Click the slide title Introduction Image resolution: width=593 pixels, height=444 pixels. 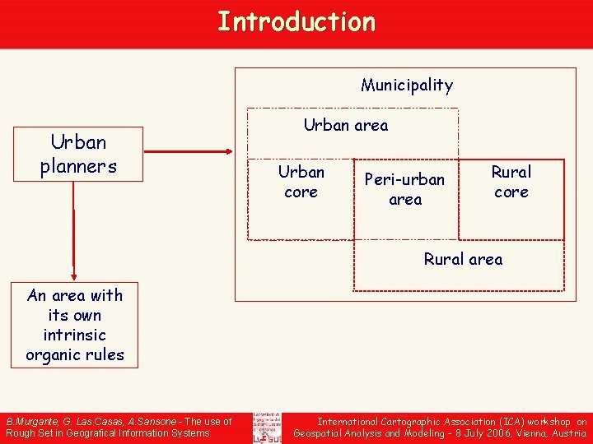[296, 22]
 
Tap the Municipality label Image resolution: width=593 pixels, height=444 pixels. [407, 85]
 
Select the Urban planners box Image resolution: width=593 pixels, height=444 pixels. [78, 154]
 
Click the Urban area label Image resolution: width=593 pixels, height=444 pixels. [346, 126]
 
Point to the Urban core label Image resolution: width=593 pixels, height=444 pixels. [301, 182]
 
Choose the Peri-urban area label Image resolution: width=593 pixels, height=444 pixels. [404, 189]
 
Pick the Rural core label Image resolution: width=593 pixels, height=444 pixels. [511, 182]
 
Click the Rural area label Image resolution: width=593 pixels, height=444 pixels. [463, 260]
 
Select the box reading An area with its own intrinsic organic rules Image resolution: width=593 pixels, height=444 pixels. [75, 325]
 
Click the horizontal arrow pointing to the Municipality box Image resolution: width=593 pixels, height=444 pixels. [189, 151]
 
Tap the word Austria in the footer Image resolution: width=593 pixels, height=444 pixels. [568, 432]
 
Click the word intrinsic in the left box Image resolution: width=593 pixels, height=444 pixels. [75, 335]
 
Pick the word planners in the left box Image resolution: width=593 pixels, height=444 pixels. [78, 166]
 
